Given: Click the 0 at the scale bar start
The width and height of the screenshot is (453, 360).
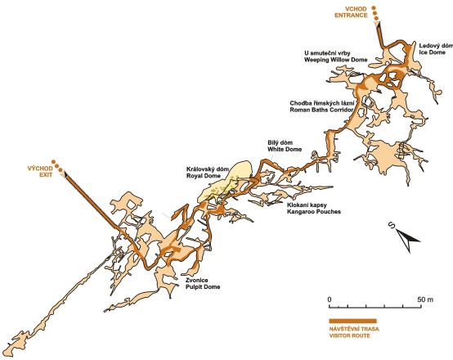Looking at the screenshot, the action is pos(329,299).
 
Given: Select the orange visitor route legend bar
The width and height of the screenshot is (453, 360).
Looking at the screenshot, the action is pos(352,321).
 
